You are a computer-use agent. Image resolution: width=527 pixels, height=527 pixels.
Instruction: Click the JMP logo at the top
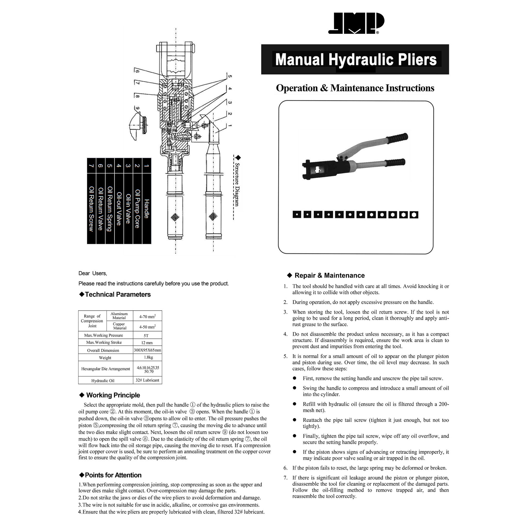[x=356, y=23]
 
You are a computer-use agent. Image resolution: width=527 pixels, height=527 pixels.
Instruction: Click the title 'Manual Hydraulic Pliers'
[x=356, y=59]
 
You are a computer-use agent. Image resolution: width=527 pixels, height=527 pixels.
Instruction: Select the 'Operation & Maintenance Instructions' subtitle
[x=355, y=88]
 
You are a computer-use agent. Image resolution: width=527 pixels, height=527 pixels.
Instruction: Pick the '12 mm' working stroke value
[x=147, y=343]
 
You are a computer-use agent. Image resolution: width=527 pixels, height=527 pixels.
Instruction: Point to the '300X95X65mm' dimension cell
[x=148, y=350]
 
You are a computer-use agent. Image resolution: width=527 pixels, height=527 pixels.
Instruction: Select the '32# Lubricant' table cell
[x=148, y=380]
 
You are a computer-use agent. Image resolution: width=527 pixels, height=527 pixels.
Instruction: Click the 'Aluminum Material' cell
[x=119, y=316]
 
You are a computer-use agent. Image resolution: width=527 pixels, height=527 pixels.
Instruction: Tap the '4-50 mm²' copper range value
[x=147, y=327]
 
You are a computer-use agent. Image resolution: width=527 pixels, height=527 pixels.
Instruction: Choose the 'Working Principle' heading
[x=113, y=395]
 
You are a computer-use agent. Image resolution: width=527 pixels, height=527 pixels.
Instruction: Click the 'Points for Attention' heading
[x=113, y=475]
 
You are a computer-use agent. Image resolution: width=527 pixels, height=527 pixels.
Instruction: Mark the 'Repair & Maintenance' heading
[x=329, y=276]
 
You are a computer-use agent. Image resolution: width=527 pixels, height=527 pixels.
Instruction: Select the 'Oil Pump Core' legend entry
[x=137, y=208]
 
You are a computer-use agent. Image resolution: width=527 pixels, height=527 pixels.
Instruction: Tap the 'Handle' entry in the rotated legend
[x=147, y=209]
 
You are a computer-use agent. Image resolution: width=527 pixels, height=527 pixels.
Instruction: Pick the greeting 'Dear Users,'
[x=93, y=273]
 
